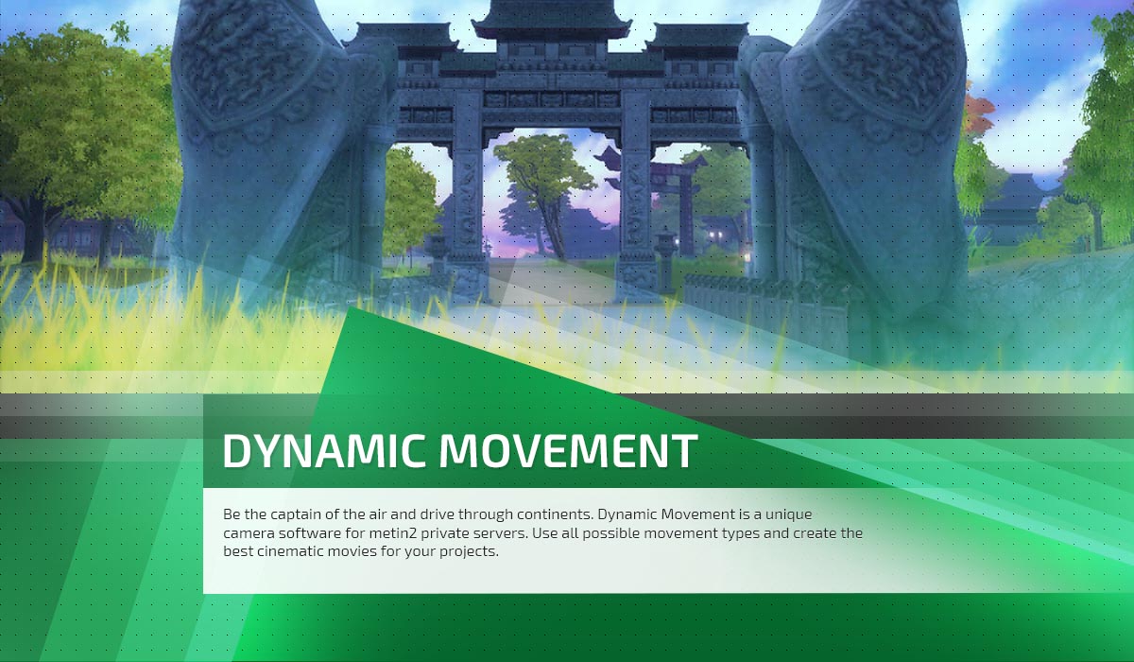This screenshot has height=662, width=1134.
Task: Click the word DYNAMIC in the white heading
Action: click(323, 450)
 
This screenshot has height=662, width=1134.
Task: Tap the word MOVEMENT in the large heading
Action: click(568, 450)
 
